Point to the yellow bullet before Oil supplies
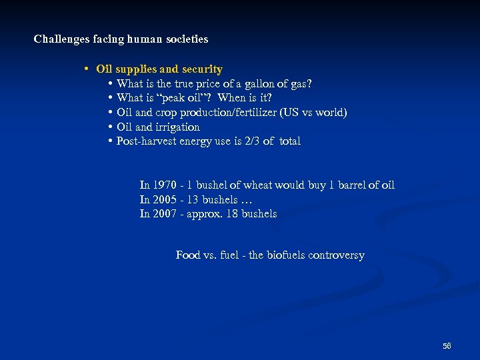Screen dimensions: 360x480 [x=87, y=69]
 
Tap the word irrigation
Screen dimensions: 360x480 [x=177, y=127]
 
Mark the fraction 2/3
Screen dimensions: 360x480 [x=250, y=141]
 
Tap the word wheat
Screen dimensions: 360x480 [x=258, y=185]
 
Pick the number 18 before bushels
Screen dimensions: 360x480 [x=234, y=214]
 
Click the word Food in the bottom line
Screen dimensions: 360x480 [x=187, y=255]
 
